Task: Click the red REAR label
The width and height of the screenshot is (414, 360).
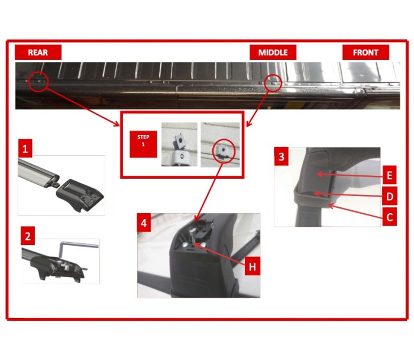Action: pyautogui.click(x=38, y=52)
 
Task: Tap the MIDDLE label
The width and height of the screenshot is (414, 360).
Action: pyautogui.click(x=273, y=52)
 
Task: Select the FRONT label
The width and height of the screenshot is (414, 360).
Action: pyautogui.click(x=366, y=52)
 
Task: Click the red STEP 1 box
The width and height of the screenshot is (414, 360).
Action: pyautogui.click(x=143, y=144)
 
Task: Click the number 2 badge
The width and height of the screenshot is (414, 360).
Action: pyautogui.click(x=28, y=236)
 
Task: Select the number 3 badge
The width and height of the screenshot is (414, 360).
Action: pyautogui.click(x=281, y=156)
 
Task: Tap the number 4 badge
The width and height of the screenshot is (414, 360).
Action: pyautogui.click(x=144, y=223)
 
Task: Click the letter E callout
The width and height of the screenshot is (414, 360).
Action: pyautogui.click(x=389, y=175)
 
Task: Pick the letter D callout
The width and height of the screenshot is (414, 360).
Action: pyautogui.click(x=389, y=196)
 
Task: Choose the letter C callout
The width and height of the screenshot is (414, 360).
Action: pyautogui.click(x=389, y=217)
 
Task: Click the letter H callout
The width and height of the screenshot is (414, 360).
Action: pyautogui.click(x=252, y=266)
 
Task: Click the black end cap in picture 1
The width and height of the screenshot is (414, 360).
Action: pyautogui.click(x=80, y=194)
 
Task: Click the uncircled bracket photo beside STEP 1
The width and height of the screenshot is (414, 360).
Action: pyautogui.click(x=179, y=144)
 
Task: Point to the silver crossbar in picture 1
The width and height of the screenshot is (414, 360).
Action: pyautogui.click(x=37, y=172)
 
